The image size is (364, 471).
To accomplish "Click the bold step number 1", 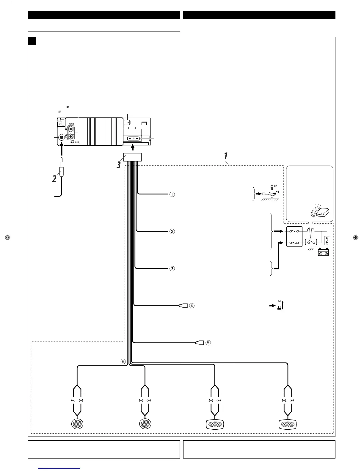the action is tap(226, 156).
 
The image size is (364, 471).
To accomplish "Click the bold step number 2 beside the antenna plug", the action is tap(54, 179).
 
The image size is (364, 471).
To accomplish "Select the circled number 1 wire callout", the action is tap(172, 194).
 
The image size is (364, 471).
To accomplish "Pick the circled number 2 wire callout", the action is tap(172, 231).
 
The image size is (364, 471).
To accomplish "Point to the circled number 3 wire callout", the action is tap(172, 269).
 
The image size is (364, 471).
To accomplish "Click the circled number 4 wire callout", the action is tap(192, 305).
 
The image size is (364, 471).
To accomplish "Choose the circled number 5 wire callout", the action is tap(208, 343).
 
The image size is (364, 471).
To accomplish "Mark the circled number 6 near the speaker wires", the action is tap(123, 361).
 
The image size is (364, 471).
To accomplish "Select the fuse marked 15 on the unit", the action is tap(133, 139).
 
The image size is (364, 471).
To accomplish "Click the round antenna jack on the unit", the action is tap(62, 137).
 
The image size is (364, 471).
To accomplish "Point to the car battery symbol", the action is tap(323, 252).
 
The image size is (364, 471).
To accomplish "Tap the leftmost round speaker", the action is tap(77, 423).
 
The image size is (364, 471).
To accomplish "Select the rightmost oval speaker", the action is tap(287, 424).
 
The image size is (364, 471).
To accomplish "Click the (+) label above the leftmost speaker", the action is tap(81, 400).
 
